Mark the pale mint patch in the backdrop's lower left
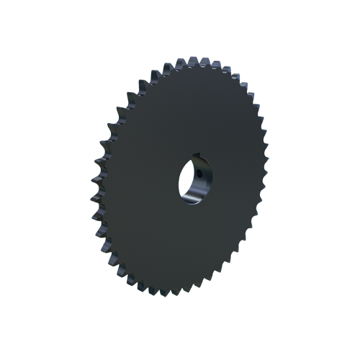(x=101, y=277)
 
